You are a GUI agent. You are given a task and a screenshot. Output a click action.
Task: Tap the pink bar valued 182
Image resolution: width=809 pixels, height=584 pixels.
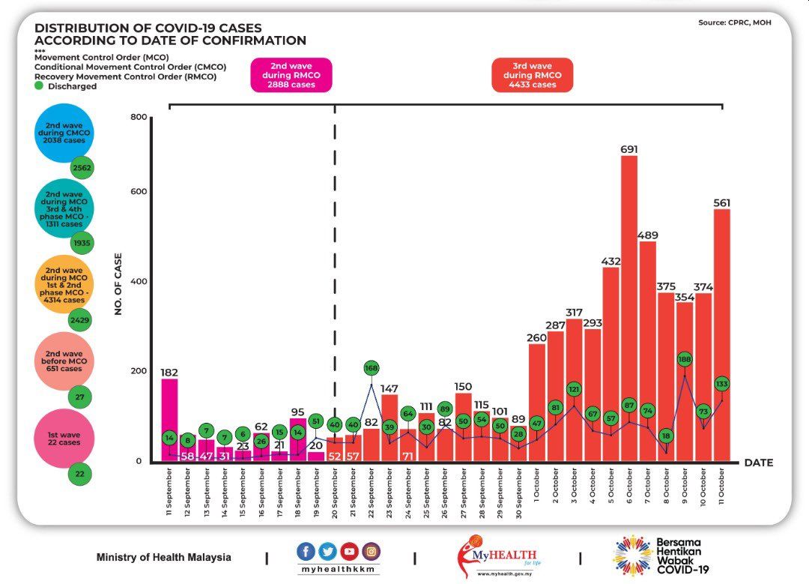click(x=169, y=420)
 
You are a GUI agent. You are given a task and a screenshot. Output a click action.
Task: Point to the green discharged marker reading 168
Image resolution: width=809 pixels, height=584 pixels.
click(x=372, y=368)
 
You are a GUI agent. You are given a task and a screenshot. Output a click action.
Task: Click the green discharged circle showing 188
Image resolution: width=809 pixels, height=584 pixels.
click(x=685, y=359)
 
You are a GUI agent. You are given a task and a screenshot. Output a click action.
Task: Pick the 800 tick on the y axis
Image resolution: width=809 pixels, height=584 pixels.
click(x=138, y=117)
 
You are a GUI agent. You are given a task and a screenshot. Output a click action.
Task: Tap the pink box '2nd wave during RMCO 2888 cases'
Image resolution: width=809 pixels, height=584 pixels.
click(x=291, y=75)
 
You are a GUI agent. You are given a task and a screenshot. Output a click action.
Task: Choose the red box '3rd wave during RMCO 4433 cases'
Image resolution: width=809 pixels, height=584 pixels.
click(x=532, y=75)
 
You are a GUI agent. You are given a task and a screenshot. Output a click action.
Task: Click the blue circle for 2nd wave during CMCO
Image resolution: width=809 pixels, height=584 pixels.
click(x=64, y=133)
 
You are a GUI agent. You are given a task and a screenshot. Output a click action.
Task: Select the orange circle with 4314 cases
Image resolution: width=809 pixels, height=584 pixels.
click(x=64, y=285)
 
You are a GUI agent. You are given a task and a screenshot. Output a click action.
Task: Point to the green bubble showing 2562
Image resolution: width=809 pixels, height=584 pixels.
click(x=82, y=168)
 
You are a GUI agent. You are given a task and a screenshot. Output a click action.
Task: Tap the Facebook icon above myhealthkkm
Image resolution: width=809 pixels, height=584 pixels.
click(x=306, y=552)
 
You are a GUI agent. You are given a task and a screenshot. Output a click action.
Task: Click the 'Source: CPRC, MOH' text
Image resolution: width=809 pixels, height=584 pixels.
click(x=734, y=22)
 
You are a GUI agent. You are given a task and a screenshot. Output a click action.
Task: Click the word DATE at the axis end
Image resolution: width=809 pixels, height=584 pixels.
click(x=758, y=463)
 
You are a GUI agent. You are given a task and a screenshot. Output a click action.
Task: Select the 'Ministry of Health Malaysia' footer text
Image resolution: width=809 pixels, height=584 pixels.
click(x=163, y=558)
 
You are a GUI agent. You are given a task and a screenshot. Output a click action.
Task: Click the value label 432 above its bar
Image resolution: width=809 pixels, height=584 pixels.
click(x=611, y=261)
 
